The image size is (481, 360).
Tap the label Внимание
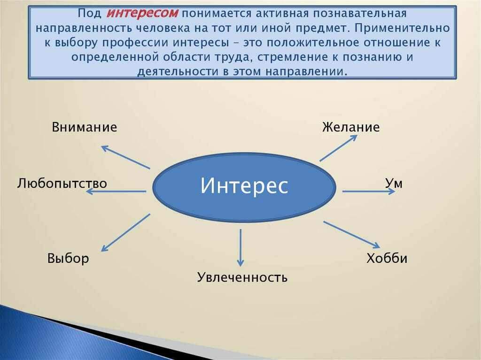click(x=85, y=127)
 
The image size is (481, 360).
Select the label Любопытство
click(x=62, y=183)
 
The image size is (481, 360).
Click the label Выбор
click(x=68, y=258)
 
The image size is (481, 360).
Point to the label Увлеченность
click(x=242, y=277)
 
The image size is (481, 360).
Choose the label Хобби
click(x=387, y=258)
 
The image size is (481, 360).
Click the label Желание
click(x=351, y=127)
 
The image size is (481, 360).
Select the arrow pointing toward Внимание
click(x=125, y=157)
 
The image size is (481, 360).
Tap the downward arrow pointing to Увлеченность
click(x=240, y=247)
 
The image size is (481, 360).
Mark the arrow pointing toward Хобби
click(x=351, y=234)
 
